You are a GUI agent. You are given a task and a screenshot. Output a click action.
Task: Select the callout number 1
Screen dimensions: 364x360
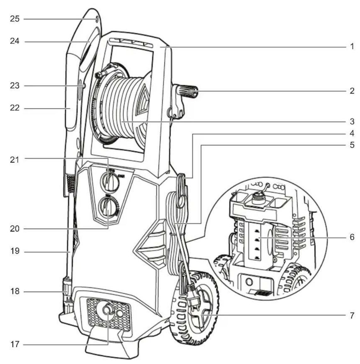click(352, 47)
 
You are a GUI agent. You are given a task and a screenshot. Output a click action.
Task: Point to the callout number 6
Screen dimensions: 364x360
click(352, 237)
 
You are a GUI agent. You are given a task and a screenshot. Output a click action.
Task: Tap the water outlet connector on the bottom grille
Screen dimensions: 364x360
click(107, 310)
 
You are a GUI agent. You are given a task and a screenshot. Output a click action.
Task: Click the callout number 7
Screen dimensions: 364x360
click(352, 315)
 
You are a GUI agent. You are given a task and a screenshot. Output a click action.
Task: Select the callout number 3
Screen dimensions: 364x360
click(352, 121)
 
